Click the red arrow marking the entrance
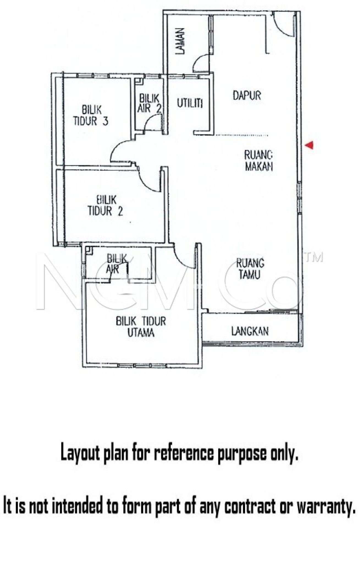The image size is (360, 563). tap(310, 145)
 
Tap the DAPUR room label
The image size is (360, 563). tap(247, 96)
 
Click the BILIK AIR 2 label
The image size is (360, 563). tap(149, 103)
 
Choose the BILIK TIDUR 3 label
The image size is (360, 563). tap(91, 115)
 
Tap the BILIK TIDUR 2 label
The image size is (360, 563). tap(105, 205)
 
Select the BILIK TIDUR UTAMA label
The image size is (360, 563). tap(141, 327)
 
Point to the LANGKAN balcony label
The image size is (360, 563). tap(250, 331)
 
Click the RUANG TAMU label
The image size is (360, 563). tap(250, 269)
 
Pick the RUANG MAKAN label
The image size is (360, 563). tap(259, 161)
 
